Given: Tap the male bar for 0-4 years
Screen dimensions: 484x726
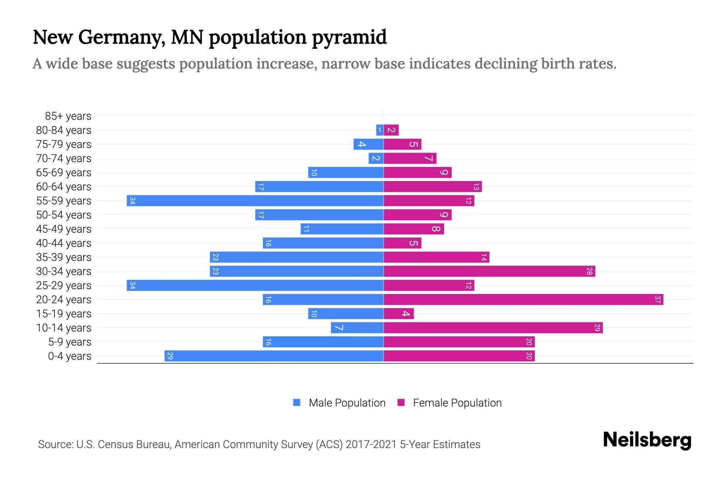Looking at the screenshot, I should pyautogui.click(x=274, y=356).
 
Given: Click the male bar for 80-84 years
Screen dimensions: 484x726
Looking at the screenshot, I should pyautogui.click(x=380, y=130).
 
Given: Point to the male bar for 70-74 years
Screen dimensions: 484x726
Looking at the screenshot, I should pyautogui.click(x=376, y=158).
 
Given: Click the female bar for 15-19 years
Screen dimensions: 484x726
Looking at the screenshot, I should pyautogui.click(x=398, y=313).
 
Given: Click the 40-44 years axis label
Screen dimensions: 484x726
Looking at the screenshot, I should pyautogui.click(x=64, y=243).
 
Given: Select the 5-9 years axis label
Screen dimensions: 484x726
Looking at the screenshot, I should pyautogui.click(x=70, y=342).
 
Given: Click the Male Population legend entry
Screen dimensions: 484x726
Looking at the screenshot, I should pyautogui.click(x=346, y=403).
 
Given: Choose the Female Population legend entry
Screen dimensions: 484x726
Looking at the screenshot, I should pyautogui.click(x=457, y=403).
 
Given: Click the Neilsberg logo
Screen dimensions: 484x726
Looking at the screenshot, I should pyautogui.click(x=647, y=440).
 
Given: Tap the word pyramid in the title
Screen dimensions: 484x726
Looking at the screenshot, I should pyautogui.click(x=349, y=38).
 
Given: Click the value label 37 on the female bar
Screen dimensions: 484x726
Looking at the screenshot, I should pyautogui.click(x=658, y=299).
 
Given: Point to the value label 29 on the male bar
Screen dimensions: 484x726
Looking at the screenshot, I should pyautogui.click(x=170, y=356).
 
